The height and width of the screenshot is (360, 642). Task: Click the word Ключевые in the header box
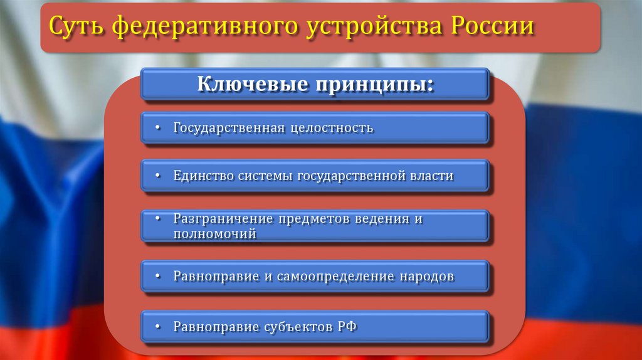pos(251,84)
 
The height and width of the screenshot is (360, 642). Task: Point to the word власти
pos(431,176)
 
